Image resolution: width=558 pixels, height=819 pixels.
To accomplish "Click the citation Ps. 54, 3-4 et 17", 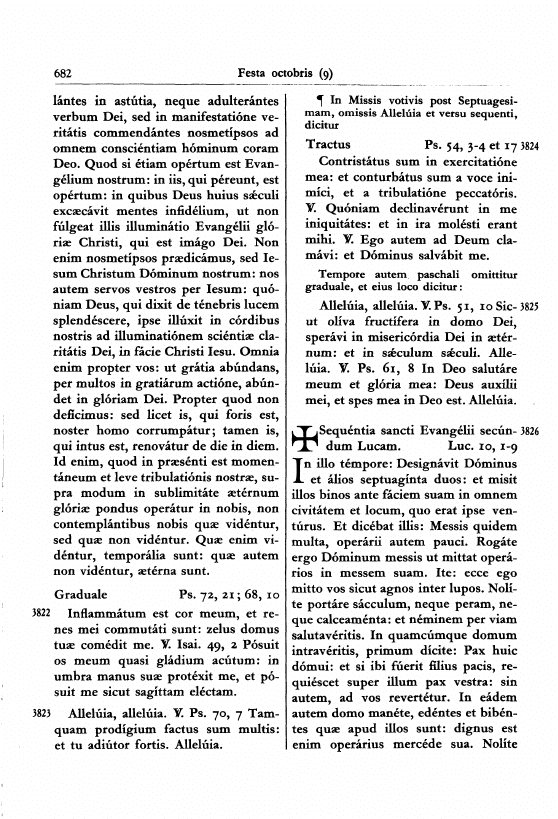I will [x=470, y=144].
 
